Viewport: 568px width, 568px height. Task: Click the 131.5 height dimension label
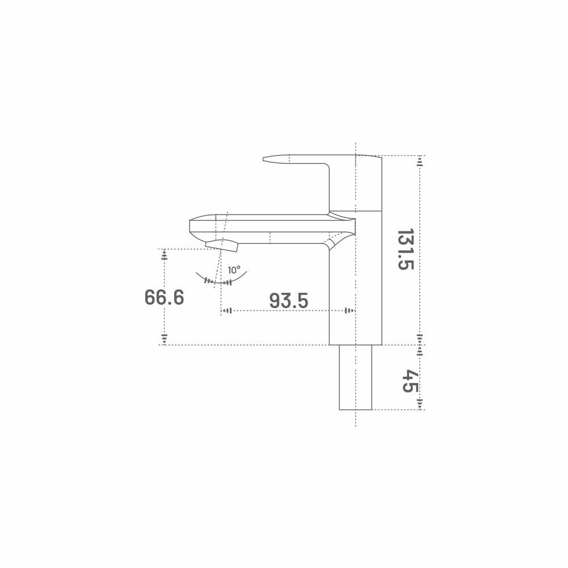click(x=406, y=249)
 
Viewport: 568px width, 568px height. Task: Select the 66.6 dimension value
click(x=164, y=297)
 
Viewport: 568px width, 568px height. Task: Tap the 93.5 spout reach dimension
click(x=289, y=301)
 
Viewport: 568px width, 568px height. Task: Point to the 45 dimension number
click(x=410, y=381)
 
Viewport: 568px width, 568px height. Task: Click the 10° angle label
click(x=234, y=270)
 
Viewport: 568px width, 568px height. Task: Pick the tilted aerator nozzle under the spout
click(x=222, y=245)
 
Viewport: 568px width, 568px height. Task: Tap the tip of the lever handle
click(x=263, y=159)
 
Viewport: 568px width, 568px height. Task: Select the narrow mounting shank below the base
click(x=355, y=377)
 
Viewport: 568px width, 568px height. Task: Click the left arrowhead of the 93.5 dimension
click(x=226, y=311)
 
